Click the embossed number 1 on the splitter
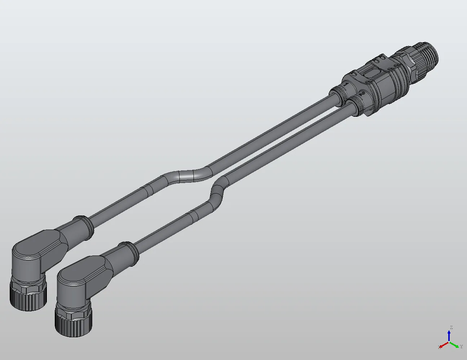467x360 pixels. pyautogui.click(x=346, y=85)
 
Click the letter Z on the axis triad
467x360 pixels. pyautogui.click(x=451, y=328)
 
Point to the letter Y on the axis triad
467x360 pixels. pyautogui.click(x=461, y=347)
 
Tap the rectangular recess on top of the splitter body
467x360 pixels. pyautogui.click(x=372, y=74)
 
